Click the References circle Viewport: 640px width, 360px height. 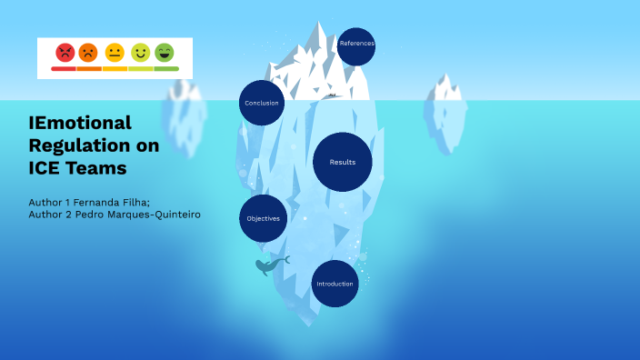[x=356, y=44]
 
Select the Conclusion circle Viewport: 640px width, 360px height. [x=262, y=103]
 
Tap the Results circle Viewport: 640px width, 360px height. [x=343, y=162]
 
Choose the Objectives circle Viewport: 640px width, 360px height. [x=264, y=218]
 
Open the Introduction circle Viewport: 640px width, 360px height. [x=335, y=284]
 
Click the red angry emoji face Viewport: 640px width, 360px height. [x=65, y=52]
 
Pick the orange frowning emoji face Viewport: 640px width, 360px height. [x=88, y=52]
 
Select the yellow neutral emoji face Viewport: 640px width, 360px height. [x=115, y=52]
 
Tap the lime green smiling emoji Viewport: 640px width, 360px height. [x=140, y=52]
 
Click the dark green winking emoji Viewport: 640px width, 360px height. [x=165, y=52]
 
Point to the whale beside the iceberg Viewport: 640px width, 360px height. [x=269, y=265]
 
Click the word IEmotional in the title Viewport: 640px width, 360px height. [x=80, y=123]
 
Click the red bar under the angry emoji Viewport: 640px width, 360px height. [x=64, y=68]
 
